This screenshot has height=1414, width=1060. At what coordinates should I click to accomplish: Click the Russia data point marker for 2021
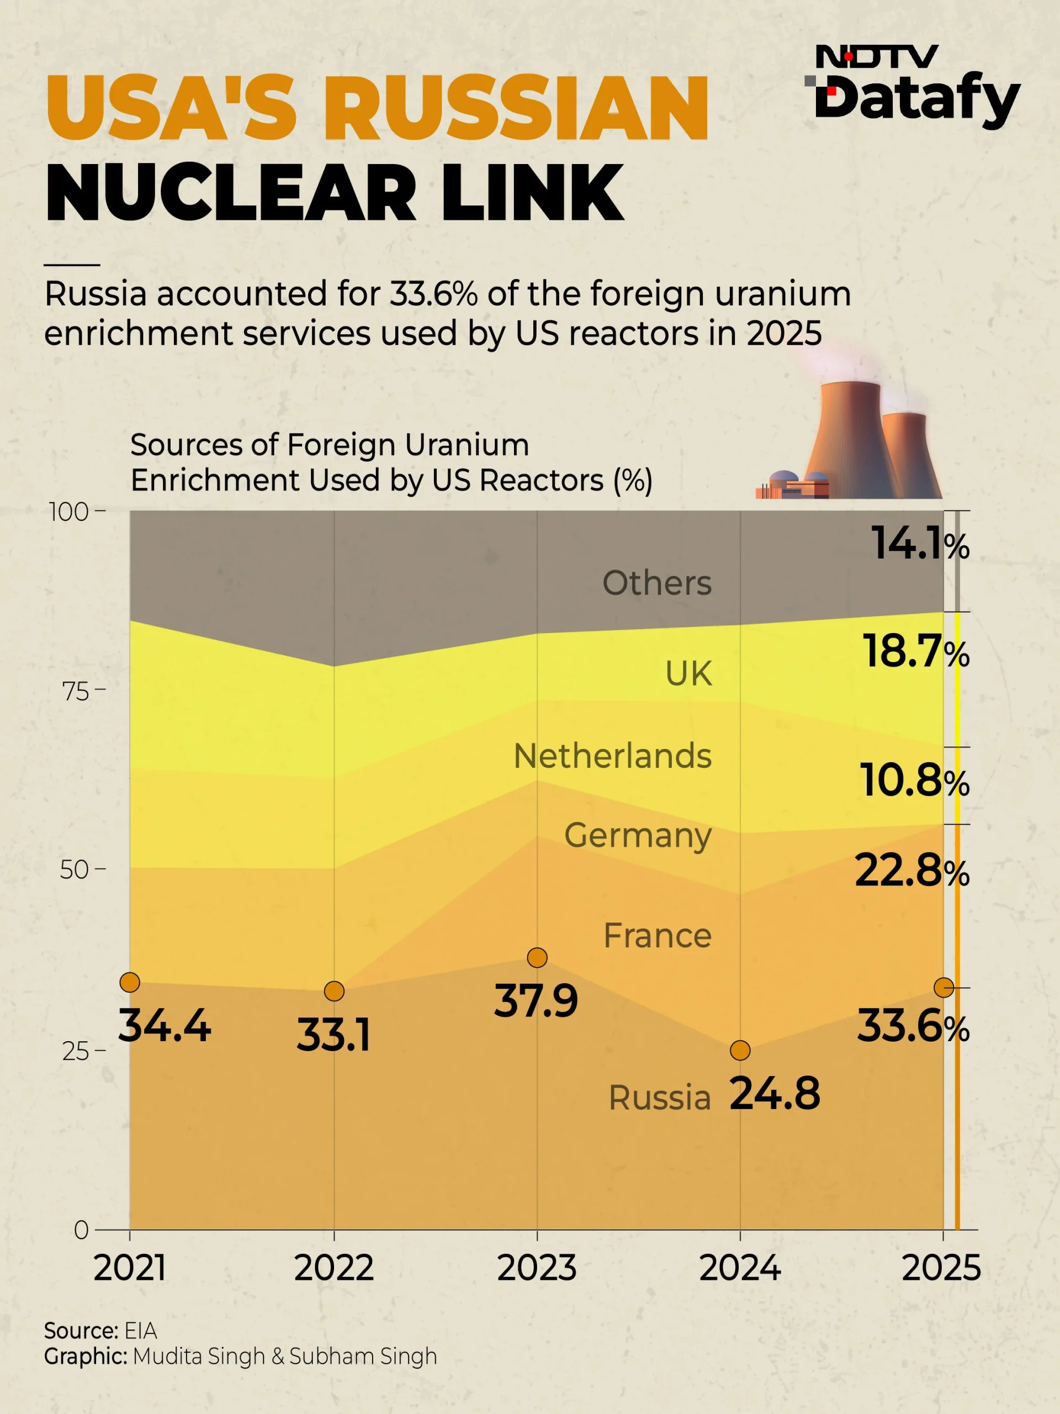pos(130,982)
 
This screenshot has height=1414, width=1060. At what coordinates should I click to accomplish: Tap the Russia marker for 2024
pos(740,1050)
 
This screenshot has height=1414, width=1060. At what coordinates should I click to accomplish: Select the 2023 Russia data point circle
pos(537,958)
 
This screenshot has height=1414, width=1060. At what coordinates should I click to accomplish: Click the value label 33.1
pos(333,1035)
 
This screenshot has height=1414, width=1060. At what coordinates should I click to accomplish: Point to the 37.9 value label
pos(536,1000)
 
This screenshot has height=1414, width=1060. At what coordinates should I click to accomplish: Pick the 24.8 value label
pos(775,1094)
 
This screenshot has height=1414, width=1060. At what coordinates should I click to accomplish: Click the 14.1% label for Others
pos(921,544)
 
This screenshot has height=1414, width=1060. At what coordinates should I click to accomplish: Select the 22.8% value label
pos(913,870)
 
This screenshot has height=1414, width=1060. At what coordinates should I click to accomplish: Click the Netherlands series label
pos(612,756)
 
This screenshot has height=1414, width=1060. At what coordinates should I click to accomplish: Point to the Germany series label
pos(637,836)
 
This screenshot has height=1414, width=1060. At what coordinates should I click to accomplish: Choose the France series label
pos(658,936)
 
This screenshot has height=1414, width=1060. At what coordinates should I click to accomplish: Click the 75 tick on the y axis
pos(76,691)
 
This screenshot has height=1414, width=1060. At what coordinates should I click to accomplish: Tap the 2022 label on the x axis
pos(333,1268)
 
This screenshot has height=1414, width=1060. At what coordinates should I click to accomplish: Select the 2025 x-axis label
pos(941,1268)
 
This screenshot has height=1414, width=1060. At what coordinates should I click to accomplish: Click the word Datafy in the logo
pos(918,101)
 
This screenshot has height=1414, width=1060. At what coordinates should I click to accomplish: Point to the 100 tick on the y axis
pos(69,512)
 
